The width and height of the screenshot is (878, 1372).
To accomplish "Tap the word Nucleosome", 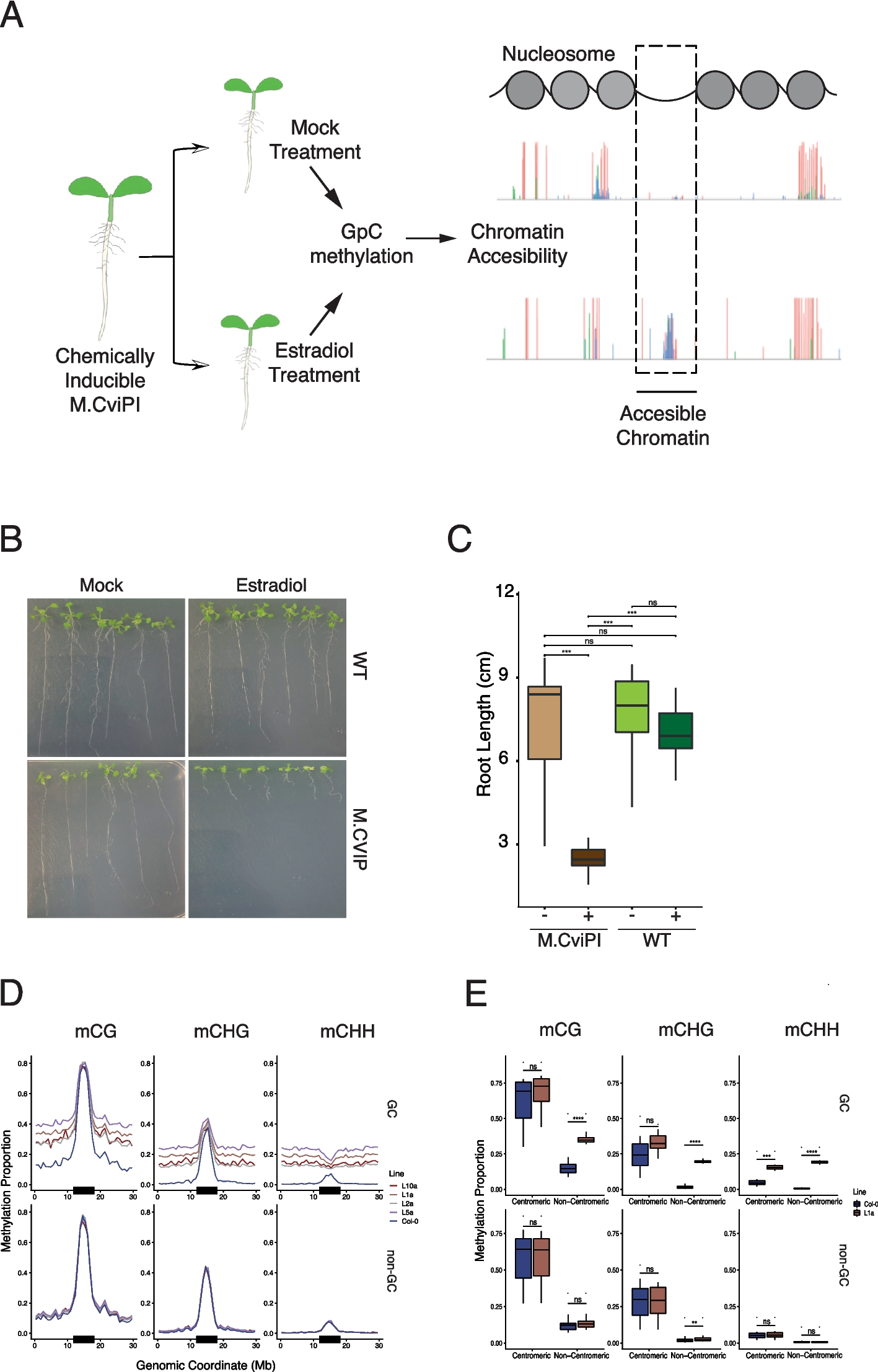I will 558,54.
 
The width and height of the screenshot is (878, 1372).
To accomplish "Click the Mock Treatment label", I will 315,139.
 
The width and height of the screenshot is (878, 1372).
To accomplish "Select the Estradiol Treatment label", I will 314,363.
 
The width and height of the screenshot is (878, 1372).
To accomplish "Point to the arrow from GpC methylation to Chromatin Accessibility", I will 431,239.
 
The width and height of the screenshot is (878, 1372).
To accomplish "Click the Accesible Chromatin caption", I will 662,425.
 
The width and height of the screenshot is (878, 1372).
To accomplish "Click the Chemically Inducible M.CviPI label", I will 105,380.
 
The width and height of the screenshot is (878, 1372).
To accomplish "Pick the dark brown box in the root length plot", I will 588,857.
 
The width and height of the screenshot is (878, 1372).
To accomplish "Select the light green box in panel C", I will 631,707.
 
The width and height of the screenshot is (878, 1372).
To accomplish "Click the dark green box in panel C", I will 675,730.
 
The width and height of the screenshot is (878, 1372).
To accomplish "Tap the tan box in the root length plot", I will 544,723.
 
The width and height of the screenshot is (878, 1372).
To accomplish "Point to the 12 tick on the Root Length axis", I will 505,591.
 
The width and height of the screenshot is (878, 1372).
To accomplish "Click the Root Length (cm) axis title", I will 483,724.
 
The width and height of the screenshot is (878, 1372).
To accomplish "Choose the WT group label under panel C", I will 656,940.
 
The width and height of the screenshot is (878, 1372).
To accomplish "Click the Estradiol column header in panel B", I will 271,585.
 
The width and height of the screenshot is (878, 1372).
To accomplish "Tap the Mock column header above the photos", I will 102,585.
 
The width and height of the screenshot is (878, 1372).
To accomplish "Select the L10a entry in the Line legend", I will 408,1186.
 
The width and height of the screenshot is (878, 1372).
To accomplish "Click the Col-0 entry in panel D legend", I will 409,1221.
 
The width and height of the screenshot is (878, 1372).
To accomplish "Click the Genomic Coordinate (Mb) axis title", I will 206,1365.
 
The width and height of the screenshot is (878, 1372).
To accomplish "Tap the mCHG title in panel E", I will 685,1030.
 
